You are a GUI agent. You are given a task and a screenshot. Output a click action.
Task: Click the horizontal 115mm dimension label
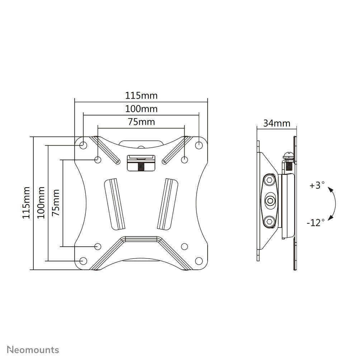tap(141, 96)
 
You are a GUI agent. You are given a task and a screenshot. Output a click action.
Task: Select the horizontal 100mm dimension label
tap(141, 109)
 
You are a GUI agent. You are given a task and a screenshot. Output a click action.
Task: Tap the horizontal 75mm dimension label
tap(141, 122)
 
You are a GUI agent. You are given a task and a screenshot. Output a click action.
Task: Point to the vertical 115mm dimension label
tap(26, 203)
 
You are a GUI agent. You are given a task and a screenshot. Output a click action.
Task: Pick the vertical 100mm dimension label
tap(41, 203)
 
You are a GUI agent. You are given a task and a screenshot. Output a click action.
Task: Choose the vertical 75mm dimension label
tap(55, 203)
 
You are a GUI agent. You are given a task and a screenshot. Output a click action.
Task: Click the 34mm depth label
tap(277, 123)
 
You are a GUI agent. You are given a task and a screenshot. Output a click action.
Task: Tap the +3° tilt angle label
tap(317, 186)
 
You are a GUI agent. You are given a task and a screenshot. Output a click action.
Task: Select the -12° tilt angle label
tap(316, 223)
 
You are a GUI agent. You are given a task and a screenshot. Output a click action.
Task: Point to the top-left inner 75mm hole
tap(98, 160)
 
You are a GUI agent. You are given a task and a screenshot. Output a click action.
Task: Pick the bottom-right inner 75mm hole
tap(185, 246)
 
